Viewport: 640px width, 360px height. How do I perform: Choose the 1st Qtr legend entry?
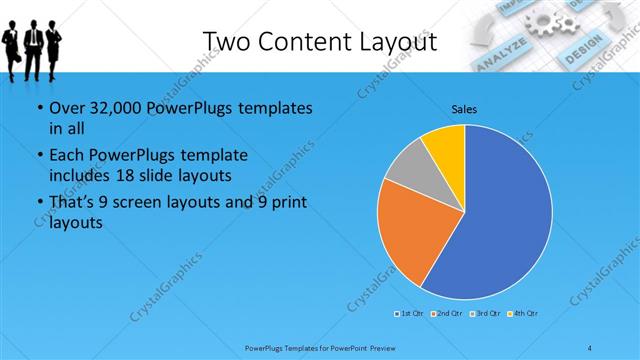click(x=410, y=315)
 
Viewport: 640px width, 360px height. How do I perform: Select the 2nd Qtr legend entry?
click(x=447, y=315)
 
